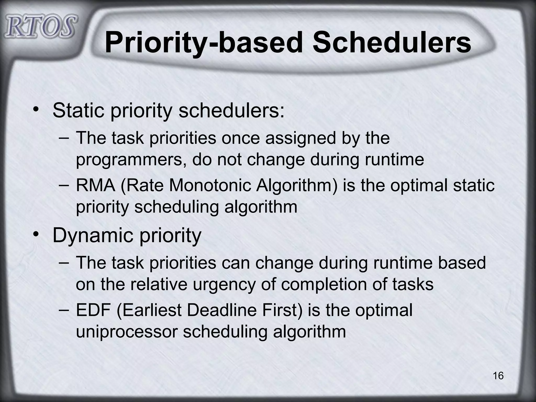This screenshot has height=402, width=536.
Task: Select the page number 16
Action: (498, 376)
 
